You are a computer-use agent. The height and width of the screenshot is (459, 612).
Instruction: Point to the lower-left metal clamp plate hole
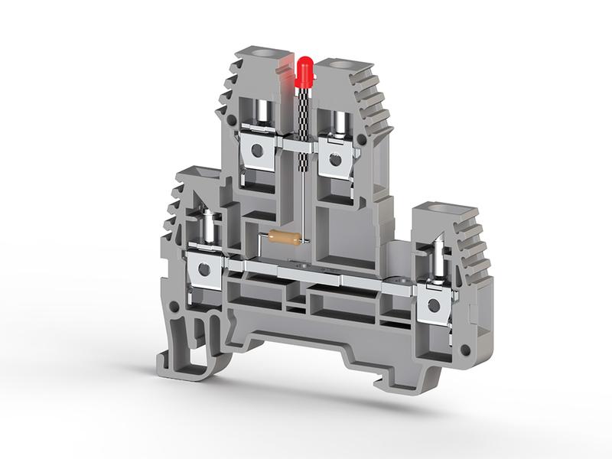click(204, 269)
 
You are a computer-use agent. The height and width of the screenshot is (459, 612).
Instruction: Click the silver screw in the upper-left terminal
click(262, 113)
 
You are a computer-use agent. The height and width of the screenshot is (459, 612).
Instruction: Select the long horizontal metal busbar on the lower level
click(321, 275)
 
